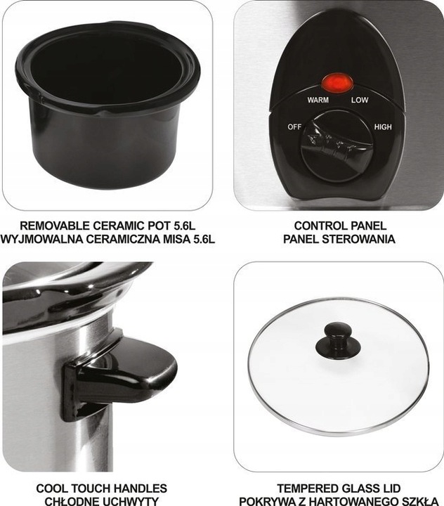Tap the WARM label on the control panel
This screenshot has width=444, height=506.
[318, 100]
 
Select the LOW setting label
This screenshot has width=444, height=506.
[360, 100]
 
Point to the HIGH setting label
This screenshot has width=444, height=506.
[383, 127]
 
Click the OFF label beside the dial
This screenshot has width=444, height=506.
[294, 127]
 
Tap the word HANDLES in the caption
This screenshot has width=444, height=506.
[138, 488]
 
